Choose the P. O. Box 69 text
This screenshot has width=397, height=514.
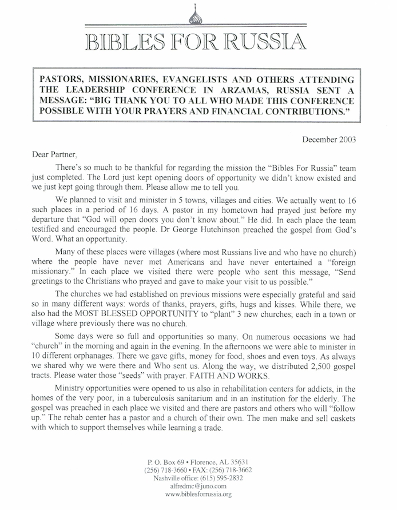pyautogui.click(x=166, y=461)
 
